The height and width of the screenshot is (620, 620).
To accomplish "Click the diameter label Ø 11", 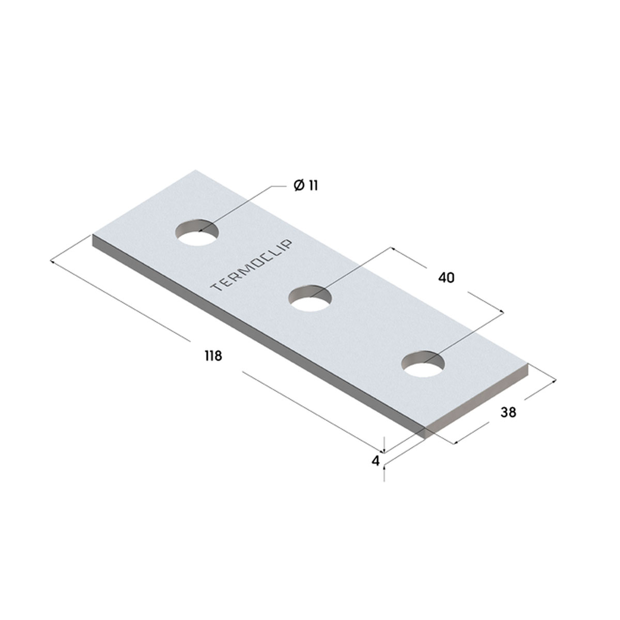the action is click(x=306, y=185).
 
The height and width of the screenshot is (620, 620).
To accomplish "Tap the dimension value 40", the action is click(x=446, y=277).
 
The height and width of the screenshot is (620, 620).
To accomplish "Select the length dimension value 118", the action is click(x=213, y=356).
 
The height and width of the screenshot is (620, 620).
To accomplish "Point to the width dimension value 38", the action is click(x=508, y=412).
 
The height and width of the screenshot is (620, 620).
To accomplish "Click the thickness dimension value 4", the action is click(x=376, y=461).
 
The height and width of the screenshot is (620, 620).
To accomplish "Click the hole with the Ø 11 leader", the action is click(x=197, y=233).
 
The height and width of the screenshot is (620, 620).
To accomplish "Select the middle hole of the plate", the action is click(x=310, y=298).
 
